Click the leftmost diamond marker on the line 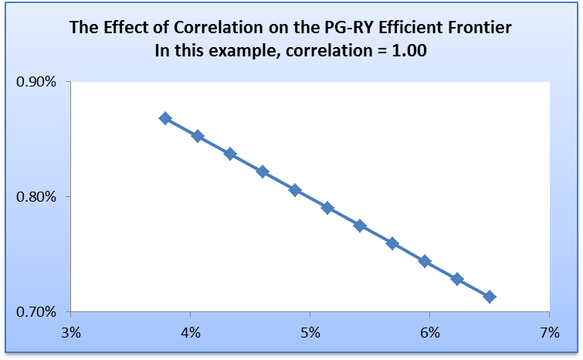pyautogui.click(x=165, y=118)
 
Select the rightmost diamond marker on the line pyautogui.click(x=489, y=297)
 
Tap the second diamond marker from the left pyautogui.click(x=198, y=136)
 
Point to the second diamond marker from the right pyautogui.click(x=457, y=279)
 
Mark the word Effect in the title pyautogui.click(x=116, y=29)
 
